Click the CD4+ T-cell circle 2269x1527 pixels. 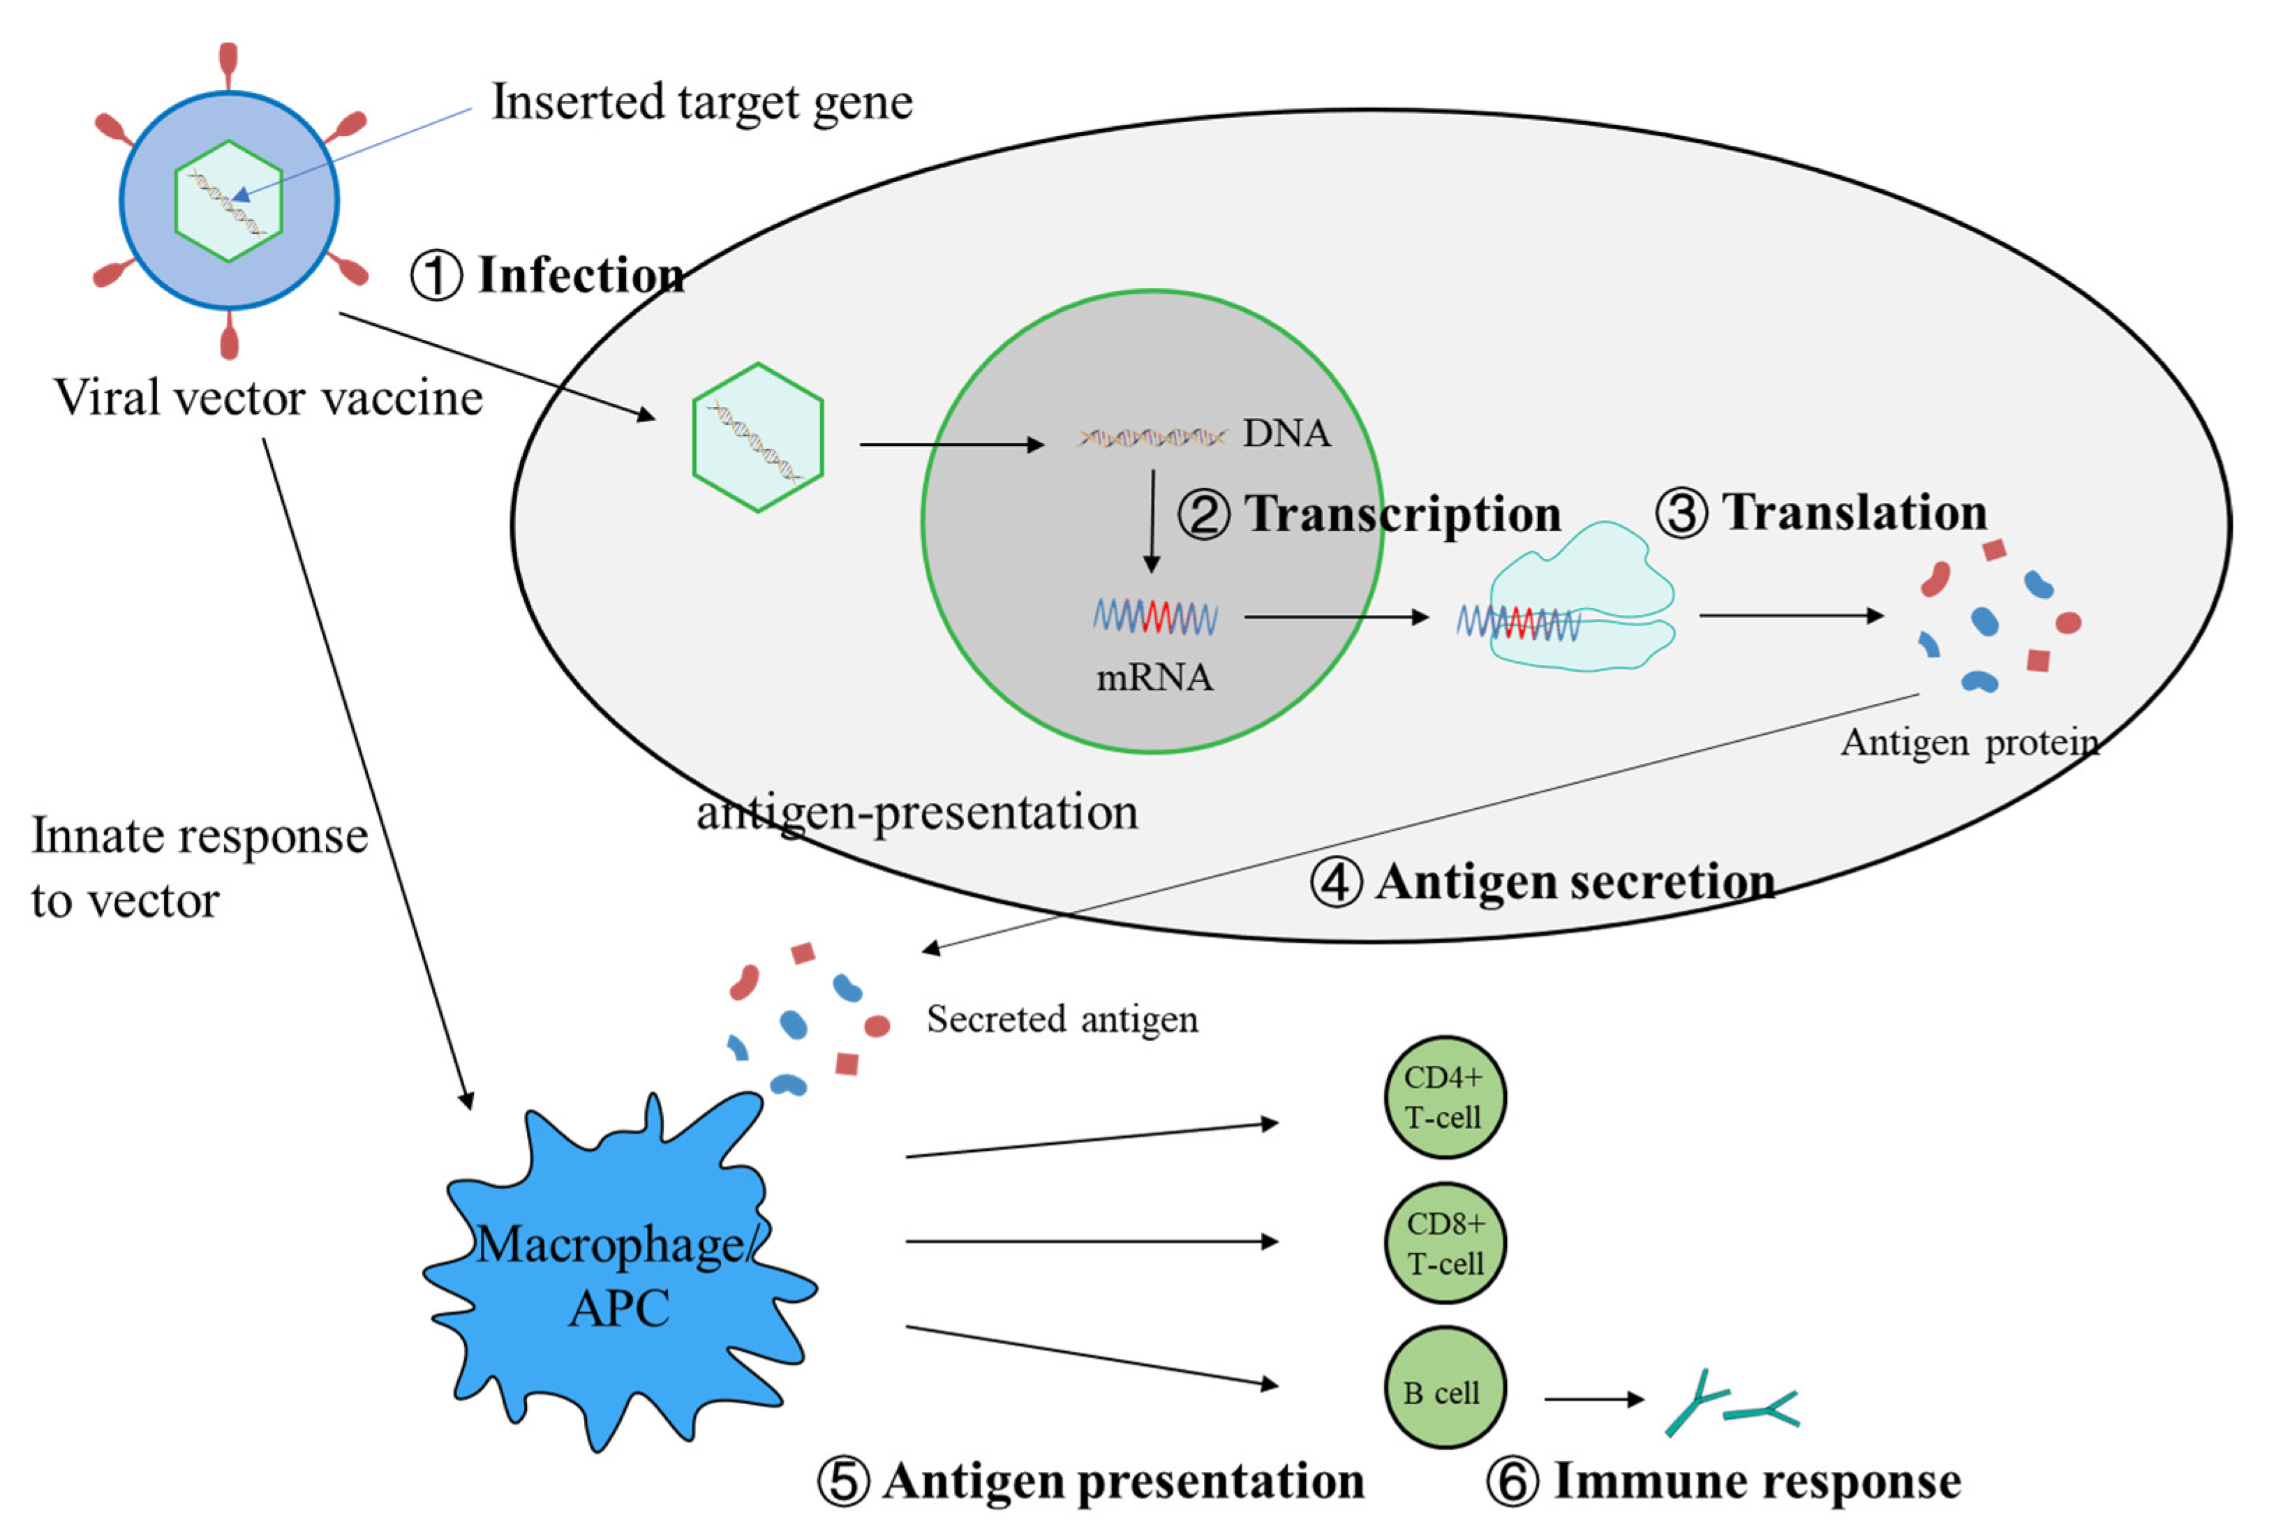(x=1444, y=1096)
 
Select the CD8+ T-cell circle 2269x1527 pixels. (x=1444, y=1243)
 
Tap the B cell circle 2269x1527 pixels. (x=1444, y=1387)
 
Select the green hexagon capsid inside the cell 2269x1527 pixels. (x=758, y=438)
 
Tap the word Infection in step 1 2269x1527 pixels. (x=581, y=275)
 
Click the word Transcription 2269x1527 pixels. (x=1402, y=513)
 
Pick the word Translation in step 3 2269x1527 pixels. (x=1854, y=512)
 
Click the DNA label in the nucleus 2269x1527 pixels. (x=1286, y=433)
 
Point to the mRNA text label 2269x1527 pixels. (x=1155, y=677)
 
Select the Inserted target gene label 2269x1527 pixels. (x=701, y=101)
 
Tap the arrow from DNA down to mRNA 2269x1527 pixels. (x=1152, y=521)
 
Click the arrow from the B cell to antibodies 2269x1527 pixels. (x=1593, y=1399)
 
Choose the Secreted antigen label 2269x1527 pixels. (x=1062, y=1020)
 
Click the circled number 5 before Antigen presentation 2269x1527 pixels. (x=842, y=1482)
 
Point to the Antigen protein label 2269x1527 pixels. (x=1969, y=743)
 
